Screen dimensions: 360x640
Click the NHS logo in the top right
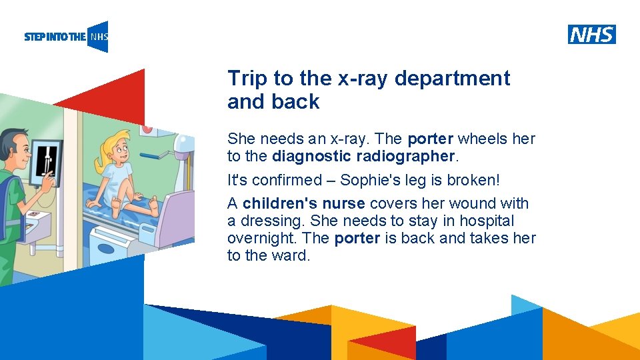(591, 34)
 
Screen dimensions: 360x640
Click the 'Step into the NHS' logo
(65, 37)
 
